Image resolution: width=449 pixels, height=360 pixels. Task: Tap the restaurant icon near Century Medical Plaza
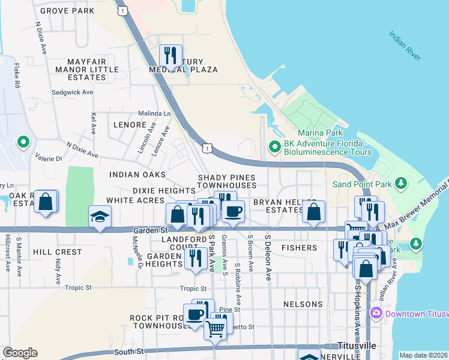coord(170,56)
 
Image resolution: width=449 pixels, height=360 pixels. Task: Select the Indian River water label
coord(405,46)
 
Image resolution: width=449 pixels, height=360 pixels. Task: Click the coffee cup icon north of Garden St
coord(233,211)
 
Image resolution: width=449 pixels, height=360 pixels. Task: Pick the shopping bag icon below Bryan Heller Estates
coord(313,212)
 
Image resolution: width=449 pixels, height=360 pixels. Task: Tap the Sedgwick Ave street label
coord(72,92)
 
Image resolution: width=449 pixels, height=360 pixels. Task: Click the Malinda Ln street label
coord(154,113)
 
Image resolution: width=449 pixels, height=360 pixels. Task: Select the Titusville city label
coord(357,346)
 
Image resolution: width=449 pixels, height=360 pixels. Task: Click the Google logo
coord(20,353)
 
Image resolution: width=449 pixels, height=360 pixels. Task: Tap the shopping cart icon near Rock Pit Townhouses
coord(215,328)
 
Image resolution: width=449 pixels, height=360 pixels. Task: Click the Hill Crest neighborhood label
coord(57,252)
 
